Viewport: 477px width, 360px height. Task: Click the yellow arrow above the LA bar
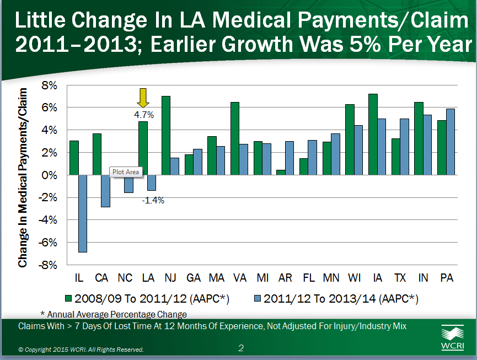pos(143,98)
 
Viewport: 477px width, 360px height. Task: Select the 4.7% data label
pos(144,115)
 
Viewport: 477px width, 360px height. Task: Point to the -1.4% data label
pos(153,200)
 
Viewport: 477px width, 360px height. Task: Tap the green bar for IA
pos(373,134)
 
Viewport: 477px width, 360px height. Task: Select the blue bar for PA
pos(451,142)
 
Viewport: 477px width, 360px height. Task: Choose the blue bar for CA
pos(105,191)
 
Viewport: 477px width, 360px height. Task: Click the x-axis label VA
pos(239,278)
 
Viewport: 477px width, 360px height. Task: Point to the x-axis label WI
pos(355,278)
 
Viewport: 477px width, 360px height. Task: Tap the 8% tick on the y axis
pos(50,85)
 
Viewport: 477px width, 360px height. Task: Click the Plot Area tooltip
pos(126,171)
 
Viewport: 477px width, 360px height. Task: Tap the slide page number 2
pos(241,348)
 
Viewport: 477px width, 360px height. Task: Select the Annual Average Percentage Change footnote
pos(114,314)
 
